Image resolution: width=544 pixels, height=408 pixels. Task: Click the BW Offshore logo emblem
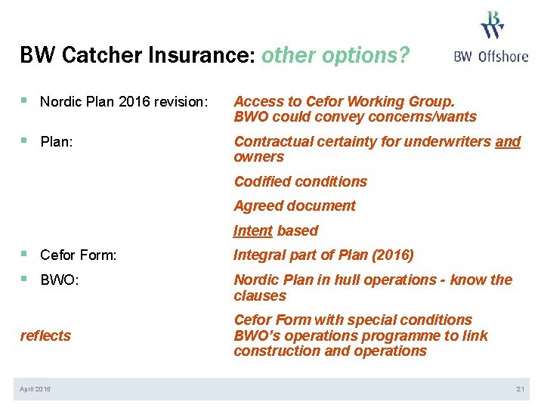point(493,24)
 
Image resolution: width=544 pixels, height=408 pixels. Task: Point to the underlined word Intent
point(253,231)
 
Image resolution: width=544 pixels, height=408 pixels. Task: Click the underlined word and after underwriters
point(508,141)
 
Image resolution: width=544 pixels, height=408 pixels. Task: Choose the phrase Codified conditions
point(300,181)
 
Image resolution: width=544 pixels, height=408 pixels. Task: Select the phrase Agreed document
point(294,206)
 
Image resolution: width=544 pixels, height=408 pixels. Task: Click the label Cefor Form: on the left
point(78,255)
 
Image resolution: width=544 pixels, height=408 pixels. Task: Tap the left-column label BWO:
point(59,280)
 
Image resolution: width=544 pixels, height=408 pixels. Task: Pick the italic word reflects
point(45,336)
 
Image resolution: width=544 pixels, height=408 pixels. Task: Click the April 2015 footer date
point(36,389)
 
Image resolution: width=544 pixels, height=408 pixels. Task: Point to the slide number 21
point(520,389)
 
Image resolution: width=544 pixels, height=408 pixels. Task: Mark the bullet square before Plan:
point(24,141)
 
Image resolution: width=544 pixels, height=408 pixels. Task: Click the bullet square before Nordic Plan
point(24,100)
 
